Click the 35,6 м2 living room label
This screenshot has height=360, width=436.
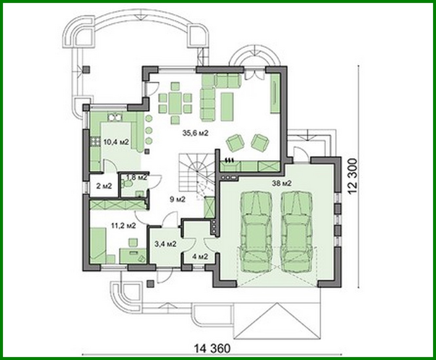[196, 133]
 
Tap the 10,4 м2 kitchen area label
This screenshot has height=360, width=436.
[116, 142]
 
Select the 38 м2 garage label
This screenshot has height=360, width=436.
[281, 183]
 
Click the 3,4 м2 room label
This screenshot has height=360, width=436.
[165, 244]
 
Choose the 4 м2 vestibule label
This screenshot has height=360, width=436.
[200, 256]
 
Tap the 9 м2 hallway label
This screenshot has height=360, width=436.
[178, 199]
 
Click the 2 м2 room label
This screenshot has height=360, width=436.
[104, 186]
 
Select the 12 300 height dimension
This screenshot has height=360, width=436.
[353, 177]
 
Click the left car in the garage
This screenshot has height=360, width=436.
[256, 231]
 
